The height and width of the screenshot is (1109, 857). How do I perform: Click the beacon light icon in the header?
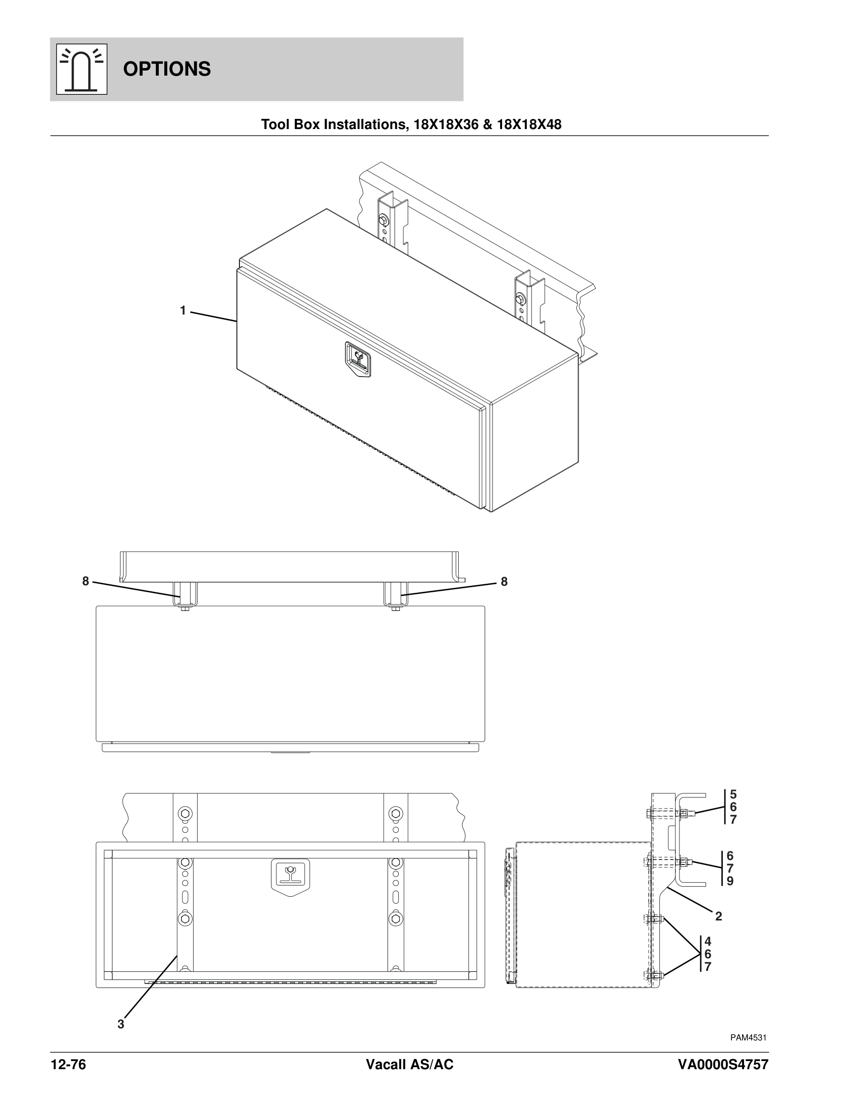pos(81,69)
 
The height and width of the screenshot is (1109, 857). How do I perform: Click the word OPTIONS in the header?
pos(166,69)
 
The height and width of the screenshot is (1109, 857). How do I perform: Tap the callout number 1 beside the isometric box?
pos(183,310)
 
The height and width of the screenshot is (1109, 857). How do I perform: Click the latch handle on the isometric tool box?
pos(358,359)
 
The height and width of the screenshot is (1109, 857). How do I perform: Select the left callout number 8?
pos(86,581)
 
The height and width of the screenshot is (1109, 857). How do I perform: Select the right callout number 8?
pos(504,582)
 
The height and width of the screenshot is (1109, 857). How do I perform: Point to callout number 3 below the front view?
pos(121,1024)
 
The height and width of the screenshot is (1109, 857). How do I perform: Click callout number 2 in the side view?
pos(718,916)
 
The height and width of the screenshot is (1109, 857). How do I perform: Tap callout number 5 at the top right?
pos(733,794)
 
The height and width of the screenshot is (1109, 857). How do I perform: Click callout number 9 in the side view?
pos(730,881)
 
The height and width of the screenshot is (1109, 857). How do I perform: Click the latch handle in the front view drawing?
pos(290,875)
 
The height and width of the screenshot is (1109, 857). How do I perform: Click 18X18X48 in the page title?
pos(529,125)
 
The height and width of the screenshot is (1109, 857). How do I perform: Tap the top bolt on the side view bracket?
pos(683,814)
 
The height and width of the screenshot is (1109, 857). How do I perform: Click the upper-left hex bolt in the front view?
pos(186,814)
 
